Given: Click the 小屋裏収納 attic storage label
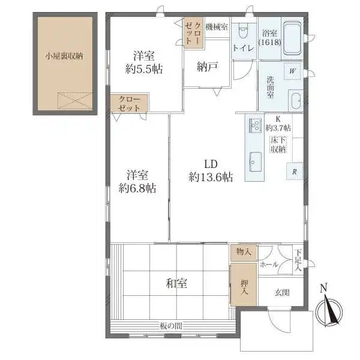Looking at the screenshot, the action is pos(64,56).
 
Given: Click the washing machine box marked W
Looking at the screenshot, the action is pos(292,71).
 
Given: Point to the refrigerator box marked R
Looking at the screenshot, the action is pos(295,171).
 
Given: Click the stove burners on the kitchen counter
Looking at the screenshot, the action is pos(256,125).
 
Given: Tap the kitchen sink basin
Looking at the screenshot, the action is pos(256,162).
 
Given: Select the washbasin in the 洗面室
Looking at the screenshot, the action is pos(295,101).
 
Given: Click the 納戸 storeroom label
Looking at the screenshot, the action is pos(208,67).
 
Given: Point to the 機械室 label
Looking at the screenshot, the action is pos(217,27).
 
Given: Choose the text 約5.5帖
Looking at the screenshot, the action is pos(144,69).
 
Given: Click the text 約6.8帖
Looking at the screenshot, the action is pos(137,188).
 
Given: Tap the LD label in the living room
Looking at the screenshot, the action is pos(211,164).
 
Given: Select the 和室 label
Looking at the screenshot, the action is pos(176,284).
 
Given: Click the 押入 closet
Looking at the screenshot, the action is pos(244,284).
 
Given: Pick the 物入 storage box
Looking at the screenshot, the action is pos(244,253).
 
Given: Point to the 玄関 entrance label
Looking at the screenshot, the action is pos(282,293).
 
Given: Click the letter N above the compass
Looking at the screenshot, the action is pos(324,288).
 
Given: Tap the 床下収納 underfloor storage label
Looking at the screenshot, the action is pos(278,145).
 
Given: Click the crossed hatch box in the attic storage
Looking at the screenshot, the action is pos(75,101).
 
